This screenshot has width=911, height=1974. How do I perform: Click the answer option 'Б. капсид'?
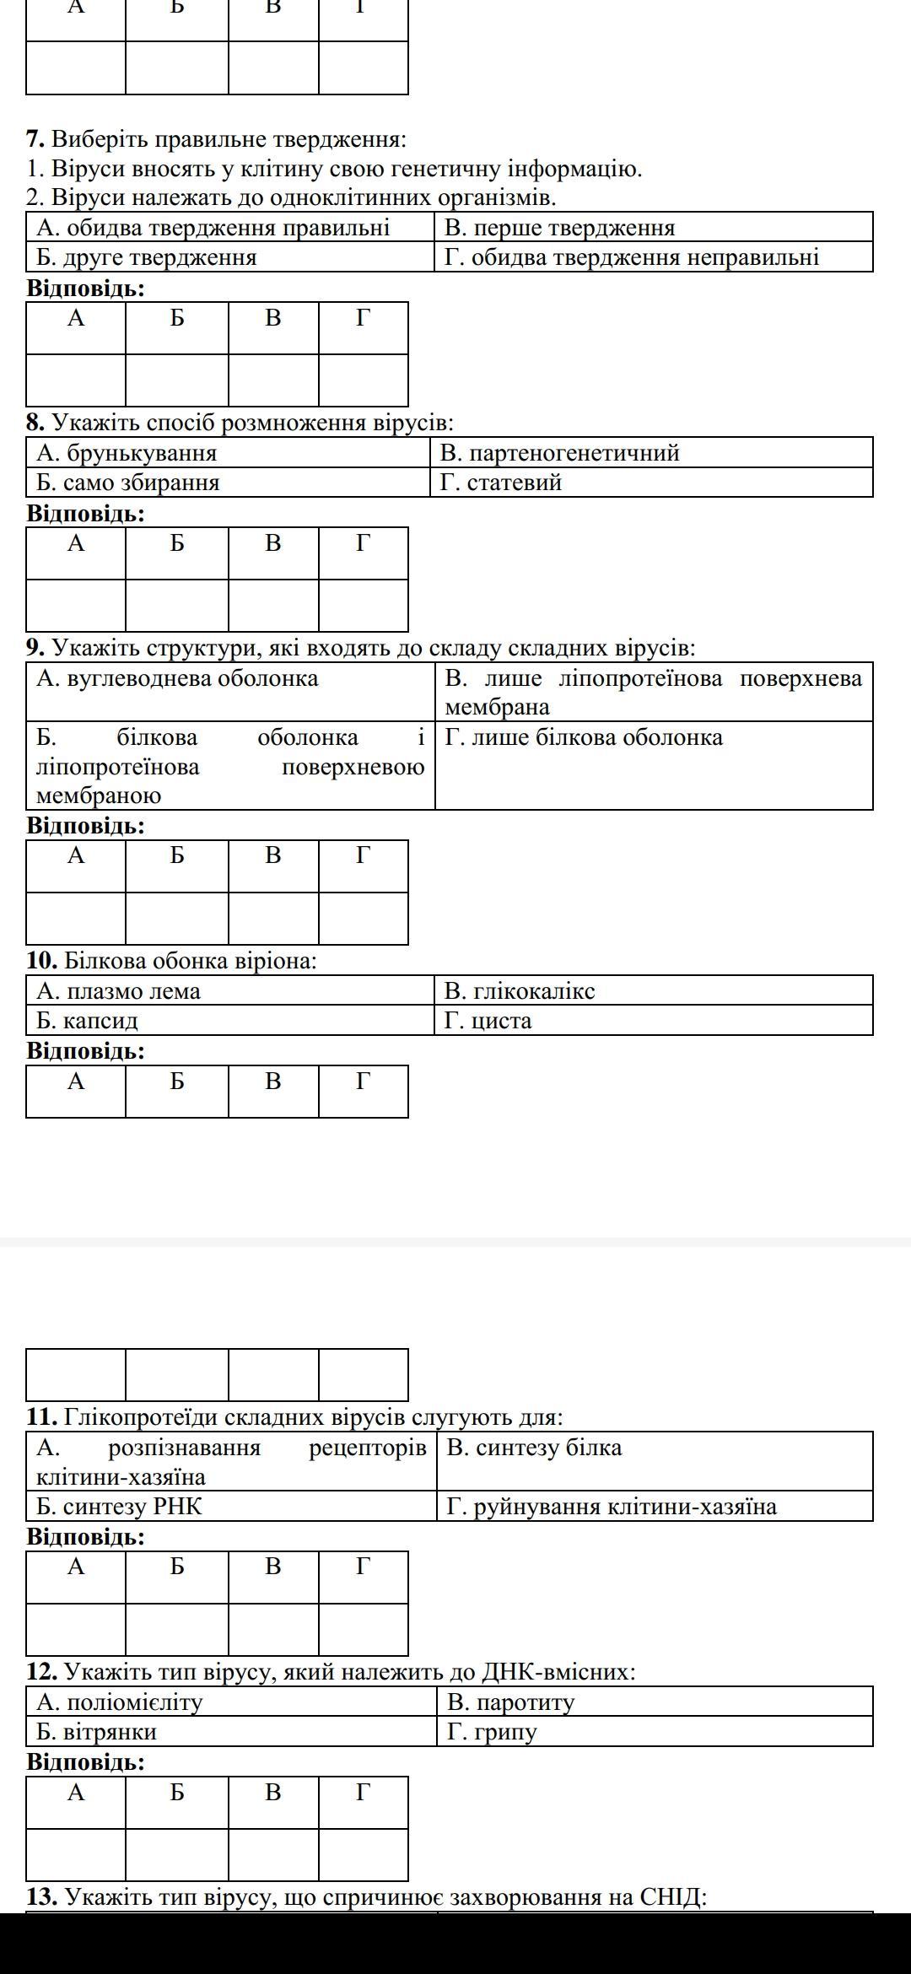click(87, 1021)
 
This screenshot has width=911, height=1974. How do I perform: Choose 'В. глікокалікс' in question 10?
click(519, 990)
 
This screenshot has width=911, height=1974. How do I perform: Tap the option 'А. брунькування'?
click(127, 453)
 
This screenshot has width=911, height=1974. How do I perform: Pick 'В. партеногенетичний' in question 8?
click(559, 453)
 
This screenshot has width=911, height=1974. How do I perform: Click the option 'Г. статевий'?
click(501, 483)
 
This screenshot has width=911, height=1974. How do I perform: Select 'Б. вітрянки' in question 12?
click(96, 1732)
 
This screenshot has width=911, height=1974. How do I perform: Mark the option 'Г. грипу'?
click(492, 1732)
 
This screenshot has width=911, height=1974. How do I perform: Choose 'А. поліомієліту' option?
click(120, 1702)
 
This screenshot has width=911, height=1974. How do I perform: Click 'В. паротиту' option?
click(510, 1702)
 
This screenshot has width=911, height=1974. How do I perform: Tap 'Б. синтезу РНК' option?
click(119, 1506)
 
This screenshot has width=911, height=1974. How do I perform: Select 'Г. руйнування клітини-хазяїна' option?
click(612, 1506)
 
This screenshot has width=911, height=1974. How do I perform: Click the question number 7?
click(35, 139)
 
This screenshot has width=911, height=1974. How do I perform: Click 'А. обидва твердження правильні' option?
click(213, 228)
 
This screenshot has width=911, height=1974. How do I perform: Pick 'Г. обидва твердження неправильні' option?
click(632, 257)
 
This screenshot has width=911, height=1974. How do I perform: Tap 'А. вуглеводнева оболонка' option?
click(177, 678)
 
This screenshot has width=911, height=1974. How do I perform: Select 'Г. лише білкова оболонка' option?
click(584, 737)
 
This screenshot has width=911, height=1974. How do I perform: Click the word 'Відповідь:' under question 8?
click(86, 513)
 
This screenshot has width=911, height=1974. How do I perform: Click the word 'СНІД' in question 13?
click(670, 1897)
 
